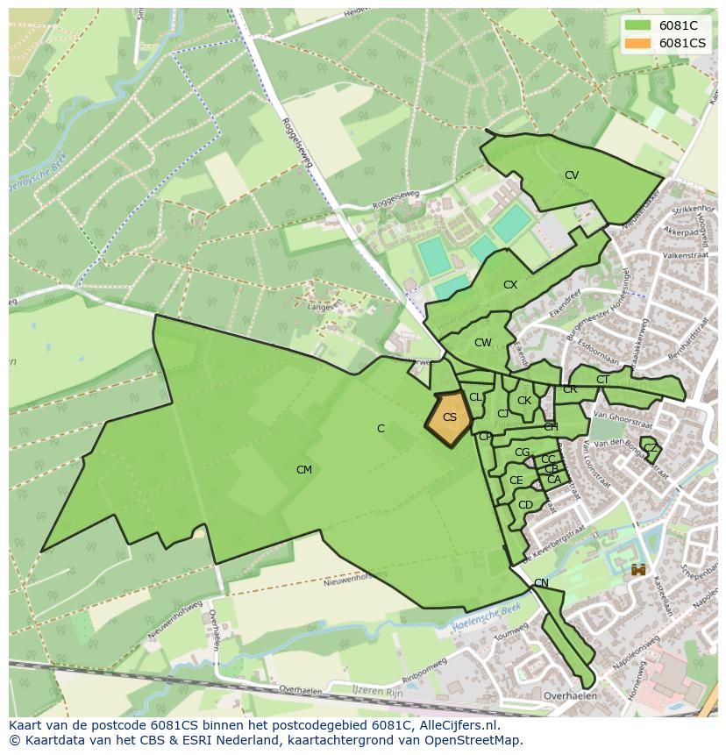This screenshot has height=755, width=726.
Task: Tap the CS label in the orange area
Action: pos(449,417)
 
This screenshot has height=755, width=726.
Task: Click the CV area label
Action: pos(572,175)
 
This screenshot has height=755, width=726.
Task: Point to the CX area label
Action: pos(510,285)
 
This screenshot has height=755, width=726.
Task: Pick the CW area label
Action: pos(482,343)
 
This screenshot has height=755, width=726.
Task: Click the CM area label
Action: pos(303,470)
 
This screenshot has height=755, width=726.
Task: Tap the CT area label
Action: pos(602,380)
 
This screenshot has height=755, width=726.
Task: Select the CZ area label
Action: pos(650,448)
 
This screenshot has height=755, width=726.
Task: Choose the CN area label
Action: pos(541,583)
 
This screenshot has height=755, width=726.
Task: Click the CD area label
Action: pos(525,505)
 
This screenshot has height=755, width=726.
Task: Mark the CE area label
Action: pos(516,481)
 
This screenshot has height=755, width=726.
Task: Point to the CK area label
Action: pos(524,401)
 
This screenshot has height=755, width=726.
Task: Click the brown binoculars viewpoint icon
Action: pos(638,570)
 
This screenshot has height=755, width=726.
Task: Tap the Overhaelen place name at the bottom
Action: pos(570,696)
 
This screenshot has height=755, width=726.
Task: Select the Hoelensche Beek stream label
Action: pos(488,618)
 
